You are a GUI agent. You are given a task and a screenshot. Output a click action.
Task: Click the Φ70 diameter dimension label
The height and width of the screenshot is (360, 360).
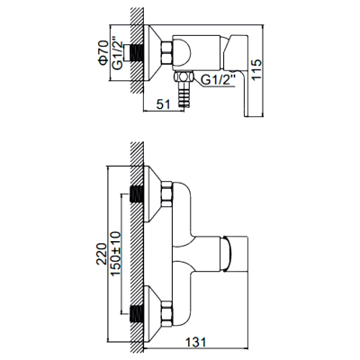coord(103,53)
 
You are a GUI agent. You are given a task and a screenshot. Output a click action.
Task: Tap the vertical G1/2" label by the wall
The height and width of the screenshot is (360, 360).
coord(118,53)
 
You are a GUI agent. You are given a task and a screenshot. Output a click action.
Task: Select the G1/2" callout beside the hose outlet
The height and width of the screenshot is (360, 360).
coord(218,80)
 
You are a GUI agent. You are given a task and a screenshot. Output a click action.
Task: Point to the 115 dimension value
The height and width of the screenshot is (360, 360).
coord(256,69)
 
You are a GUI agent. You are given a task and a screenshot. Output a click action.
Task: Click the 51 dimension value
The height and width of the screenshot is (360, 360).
coord(164,104)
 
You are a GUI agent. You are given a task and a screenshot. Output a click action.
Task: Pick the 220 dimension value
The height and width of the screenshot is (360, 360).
coord(102,254)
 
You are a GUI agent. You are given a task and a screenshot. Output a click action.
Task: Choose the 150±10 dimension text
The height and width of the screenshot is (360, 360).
coord(116,254)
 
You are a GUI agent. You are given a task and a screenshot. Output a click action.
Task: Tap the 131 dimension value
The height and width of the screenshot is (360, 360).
coord(195,342)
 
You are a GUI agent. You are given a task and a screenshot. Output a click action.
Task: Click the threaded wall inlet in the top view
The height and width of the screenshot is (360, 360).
coord(137,53)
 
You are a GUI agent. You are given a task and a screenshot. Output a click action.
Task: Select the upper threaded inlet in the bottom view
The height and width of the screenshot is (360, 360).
coord(137,194)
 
